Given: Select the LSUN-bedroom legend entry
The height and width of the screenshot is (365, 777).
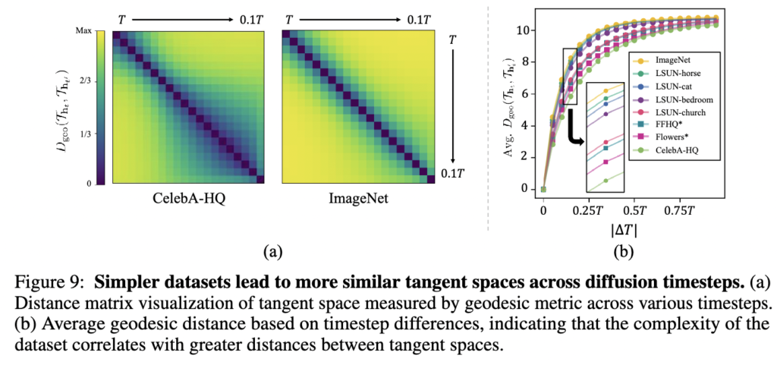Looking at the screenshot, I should pos(682,99).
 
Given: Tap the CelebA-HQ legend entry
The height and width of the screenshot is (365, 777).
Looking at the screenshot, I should pos(676,152).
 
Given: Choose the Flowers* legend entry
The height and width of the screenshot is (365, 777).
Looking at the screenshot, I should pos(672,139).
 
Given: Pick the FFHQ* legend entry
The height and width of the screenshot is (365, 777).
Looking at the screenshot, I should pos(668,126).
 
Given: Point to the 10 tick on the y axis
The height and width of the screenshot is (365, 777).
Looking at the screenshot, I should pos(526,30).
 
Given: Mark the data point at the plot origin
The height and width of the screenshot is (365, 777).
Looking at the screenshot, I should pos(543,189).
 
